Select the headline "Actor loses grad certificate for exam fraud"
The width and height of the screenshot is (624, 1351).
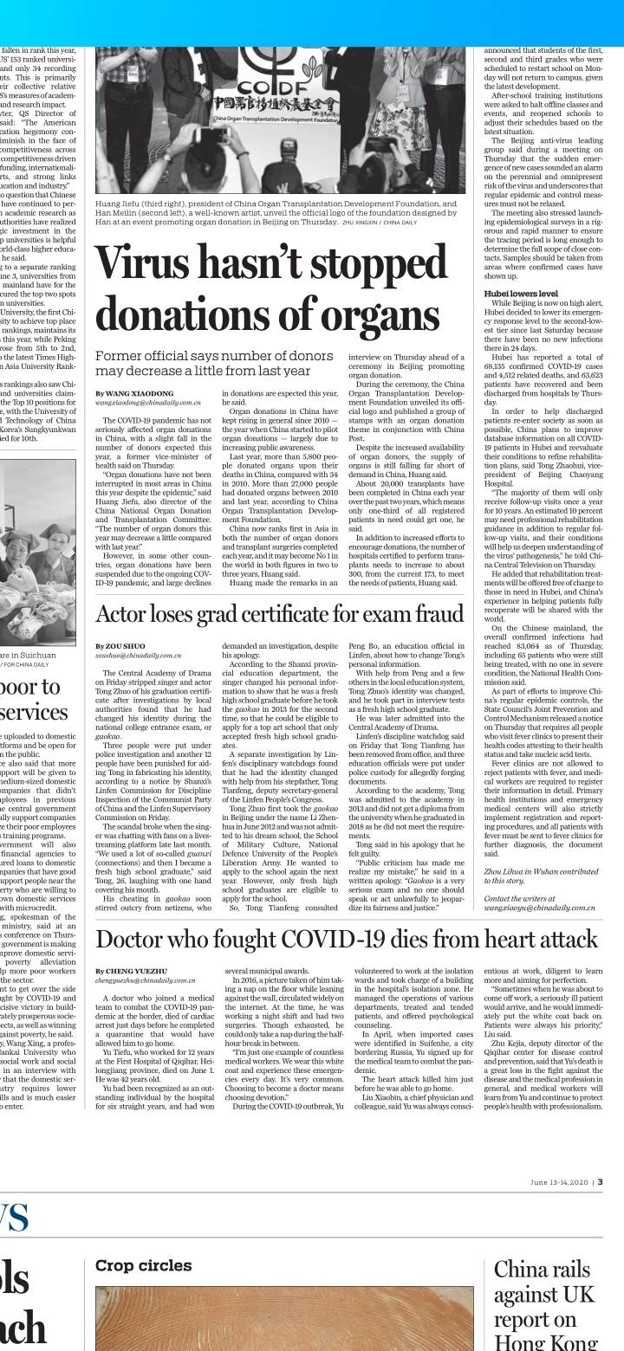[x=280, y=614]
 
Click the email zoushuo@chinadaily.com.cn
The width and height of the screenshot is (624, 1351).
[x=139, y=656]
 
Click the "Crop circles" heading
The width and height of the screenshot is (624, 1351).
[x=144, y=1266]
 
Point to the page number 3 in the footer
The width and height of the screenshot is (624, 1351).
[x=600, y=1181]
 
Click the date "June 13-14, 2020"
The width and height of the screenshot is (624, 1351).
[x=560, y=1181]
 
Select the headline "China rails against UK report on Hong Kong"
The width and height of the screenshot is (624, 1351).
[x=546, y=1307]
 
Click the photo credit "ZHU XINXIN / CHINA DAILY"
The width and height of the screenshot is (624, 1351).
[x=380, y=223]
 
